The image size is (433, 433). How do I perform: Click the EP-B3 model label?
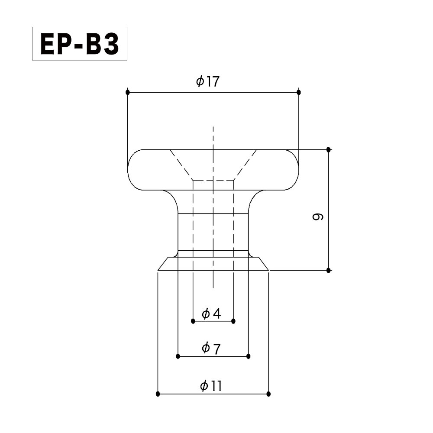click(x=80, y=44)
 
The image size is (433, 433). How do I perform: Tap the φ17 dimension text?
click(x=208, y=81)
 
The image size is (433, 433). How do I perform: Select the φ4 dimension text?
click(x=211, y=313)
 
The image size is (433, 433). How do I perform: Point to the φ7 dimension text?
click(x=211, y=348)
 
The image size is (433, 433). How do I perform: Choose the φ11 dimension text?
click(x=211, y=385)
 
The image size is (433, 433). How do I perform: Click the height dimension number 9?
click(x=317, y=216)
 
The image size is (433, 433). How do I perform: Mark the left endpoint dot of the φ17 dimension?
click(x=127, y=92)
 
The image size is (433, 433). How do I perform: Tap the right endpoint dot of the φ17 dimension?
click(x=298, y=92)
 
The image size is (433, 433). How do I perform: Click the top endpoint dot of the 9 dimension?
click(x=328, y=149)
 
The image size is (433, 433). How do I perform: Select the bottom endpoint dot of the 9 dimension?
click(x=328, y=270)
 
